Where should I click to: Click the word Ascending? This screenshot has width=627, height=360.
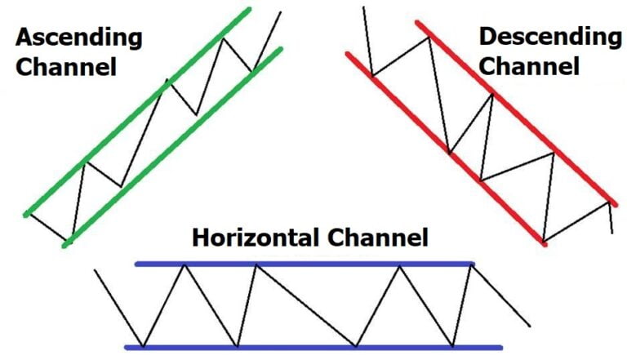[x=78, y=38]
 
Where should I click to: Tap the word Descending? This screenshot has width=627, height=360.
[x=549, y=37]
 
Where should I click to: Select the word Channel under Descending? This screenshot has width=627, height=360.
[x=529, y=66]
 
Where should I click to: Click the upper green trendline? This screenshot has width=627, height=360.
[x=139, y=111]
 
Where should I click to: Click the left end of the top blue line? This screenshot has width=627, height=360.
[x=137, y=264]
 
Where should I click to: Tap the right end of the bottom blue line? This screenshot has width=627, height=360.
[x=500, y=347]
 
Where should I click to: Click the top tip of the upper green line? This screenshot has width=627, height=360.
[x=250, y=11]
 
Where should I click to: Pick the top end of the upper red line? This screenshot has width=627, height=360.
[x=420, y=24]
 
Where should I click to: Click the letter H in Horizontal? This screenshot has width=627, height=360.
[x=201, y=238]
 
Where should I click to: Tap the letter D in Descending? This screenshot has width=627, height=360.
[x=487, y=37]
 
